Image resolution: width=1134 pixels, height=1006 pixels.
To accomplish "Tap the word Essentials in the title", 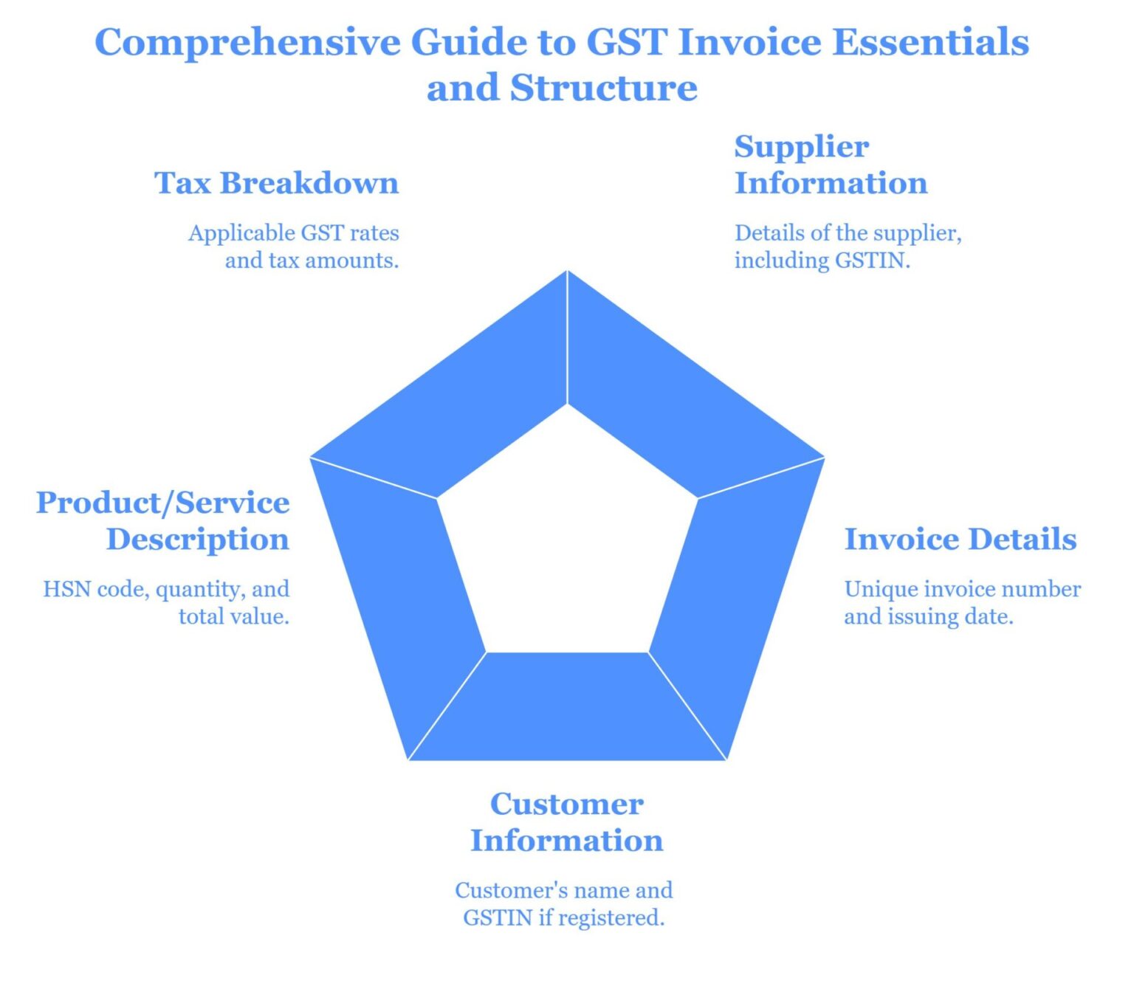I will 930,41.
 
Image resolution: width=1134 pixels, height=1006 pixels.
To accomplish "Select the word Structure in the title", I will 603,88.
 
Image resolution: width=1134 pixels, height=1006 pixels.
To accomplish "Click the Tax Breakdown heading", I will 276,183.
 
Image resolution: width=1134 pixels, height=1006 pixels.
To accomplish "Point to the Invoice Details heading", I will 960,539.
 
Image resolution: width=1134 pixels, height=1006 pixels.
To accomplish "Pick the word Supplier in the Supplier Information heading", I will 801,148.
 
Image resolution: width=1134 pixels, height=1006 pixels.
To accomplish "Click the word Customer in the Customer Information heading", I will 566,804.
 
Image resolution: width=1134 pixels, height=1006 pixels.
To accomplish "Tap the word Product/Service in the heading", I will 162,503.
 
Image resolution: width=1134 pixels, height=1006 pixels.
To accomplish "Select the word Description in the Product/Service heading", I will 197,540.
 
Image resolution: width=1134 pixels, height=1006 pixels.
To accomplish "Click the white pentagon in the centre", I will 567,539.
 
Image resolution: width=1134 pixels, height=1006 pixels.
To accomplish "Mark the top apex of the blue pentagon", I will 567,272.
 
